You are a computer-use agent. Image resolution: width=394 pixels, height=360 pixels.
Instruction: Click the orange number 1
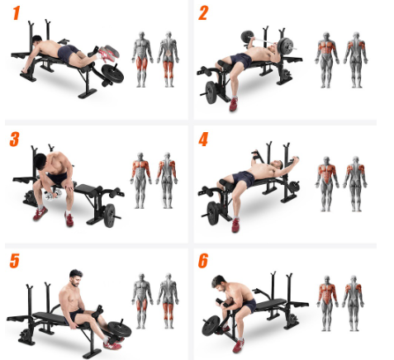(17, 13)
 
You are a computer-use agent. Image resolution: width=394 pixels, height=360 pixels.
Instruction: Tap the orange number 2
(203, 13)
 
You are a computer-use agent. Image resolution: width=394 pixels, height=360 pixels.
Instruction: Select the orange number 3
(14, 139)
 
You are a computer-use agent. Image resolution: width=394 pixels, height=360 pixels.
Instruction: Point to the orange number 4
(203, 139)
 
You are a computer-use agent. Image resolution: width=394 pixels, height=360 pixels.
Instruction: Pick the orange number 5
(15, 261)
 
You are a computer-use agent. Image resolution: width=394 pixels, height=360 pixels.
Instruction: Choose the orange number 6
(203, 261)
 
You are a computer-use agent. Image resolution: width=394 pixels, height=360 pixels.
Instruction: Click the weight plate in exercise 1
(112, 73)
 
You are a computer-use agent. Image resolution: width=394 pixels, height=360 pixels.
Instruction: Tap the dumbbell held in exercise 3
(53, 195)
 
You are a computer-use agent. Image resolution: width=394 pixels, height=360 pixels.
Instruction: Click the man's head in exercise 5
(76, 277)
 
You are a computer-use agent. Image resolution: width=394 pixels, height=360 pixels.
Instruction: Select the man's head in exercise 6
(220, 283)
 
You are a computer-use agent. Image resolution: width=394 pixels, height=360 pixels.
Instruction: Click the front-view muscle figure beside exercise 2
(327, 60)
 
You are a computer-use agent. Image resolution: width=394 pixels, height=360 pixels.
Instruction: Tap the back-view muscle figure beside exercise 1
(168, 59)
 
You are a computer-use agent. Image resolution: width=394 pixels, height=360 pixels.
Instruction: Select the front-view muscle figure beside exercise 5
(142, 301)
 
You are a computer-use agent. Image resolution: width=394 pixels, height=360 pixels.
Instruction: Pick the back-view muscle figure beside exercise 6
(354, 303)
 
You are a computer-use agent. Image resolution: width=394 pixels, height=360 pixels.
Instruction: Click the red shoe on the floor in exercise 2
(234, 104)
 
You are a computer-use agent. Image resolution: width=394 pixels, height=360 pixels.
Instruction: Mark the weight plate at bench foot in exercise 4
(213, 213)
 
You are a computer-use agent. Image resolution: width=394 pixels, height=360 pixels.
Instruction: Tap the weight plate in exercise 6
(211, 325)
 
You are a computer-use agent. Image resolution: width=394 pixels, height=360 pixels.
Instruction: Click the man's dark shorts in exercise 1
(68, 53)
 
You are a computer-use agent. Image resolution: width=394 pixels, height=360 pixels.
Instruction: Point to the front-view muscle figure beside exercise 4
(327, 184)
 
